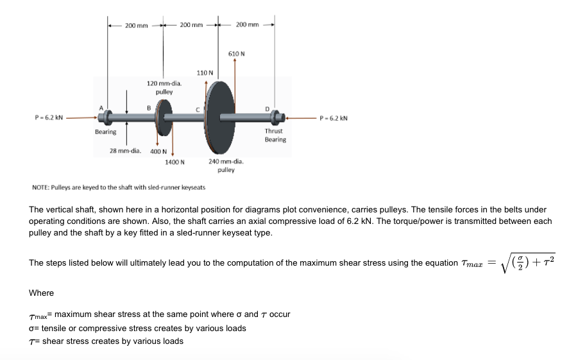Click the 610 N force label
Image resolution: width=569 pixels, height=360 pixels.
(236, 53)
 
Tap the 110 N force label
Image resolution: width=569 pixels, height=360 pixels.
(204, 73)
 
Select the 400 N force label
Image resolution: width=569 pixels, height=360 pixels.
(158, 152)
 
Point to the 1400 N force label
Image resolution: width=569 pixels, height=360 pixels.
(175, 162)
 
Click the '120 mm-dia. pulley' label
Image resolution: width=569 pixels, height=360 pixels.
(164, 88)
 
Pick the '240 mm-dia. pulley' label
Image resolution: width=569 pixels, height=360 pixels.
(225, 166)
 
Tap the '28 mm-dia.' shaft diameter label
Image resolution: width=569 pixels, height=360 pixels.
(126, 151)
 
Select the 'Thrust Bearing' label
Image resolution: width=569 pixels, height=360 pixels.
(276, 135)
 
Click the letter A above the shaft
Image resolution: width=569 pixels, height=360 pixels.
(100, 107)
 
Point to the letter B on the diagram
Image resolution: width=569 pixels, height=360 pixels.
(149, 108)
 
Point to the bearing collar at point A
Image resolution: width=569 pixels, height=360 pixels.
(106, 117)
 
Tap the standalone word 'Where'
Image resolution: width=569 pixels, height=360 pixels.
(42, 293)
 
